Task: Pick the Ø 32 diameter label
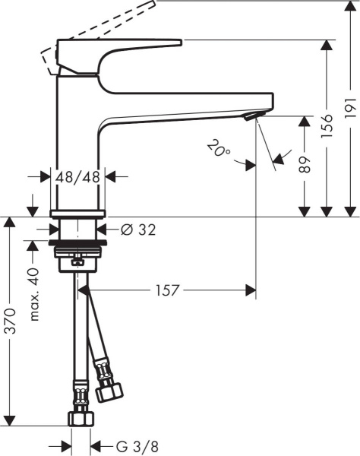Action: (x=137, y=229)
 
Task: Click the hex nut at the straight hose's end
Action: (x=78, y=418)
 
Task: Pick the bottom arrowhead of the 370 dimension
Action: (x=10, y=420)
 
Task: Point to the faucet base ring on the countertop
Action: (x=78, y=214)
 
